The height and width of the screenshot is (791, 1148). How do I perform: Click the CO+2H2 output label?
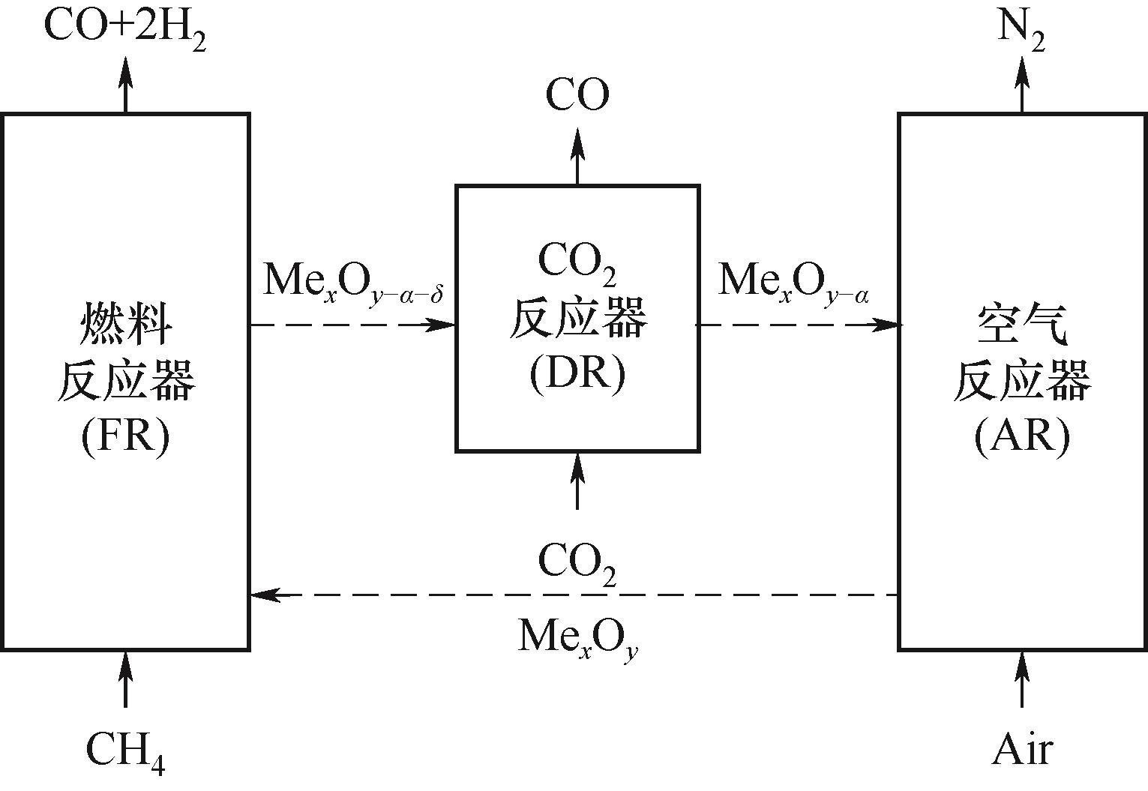point(124,28)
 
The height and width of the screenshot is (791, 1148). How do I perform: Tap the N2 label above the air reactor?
point(1021,29)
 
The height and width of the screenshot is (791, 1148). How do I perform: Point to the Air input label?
point(1022,749)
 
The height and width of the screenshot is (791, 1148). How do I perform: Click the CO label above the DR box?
point(577,95)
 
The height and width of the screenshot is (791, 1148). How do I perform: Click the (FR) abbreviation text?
point(125,436)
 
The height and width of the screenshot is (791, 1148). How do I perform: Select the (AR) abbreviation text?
point(1021,436)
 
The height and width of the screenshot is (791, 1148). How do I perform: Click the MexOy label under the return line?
point(577,637)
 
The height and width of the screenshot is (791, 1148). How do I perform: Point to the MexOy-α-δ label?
point(353,283)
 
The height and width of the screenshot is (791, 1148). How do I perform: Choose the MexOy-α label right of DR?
point(793,283)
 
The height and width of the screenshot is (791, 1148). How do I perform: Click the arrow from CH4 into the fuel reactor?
point(125,679)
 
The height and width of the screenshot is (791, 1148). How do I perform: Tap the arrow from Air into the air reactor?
point(1021,679)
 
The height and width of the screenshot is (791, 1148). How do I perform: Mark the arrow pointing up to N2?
point(1021,82)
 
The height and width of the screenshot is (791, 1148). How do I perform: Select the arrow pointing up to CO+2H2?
point(125,82)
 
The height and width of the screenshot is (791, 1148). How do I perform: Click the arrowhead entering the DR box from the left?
point(443,325)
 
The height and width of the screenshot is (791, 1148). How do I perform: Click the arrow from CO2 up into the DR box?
point(577,481)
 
